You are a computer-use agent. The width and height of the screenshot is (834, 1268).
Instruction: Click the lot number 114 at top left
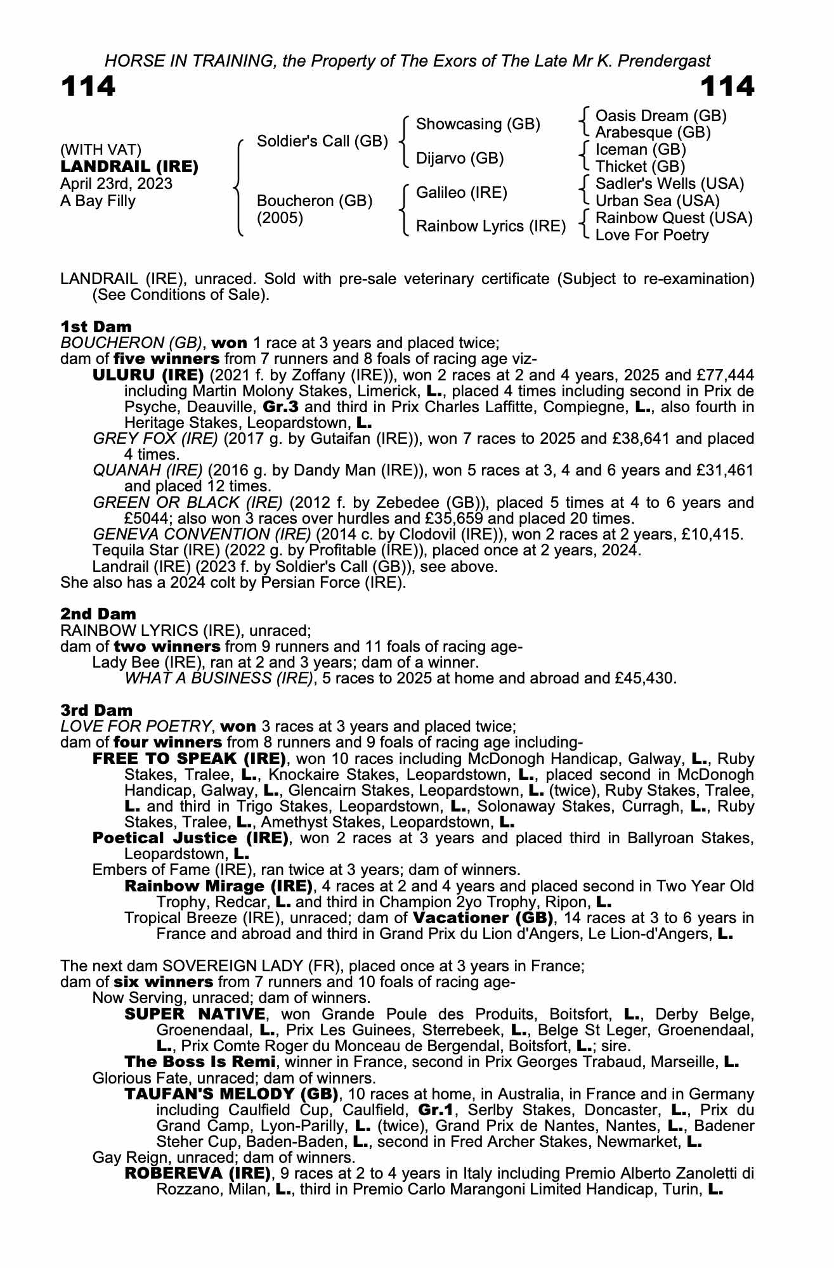(88, 86)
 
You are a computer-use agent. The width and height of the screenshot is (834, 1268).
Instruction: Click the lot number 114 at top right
(727, 86)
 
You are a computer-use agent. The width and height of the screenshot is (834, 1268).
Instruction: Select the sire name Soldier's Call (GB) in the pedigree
(322, 141)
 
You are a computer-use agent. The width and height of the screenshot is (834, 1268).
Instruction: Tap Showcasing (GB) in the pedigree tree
(478, 124)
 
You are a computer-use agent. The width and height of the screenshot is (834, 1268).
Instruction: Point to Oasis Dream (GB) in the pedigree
(661, 115)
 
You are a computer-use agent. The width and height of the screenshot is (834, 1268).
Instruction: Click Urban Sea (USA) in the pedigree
(657, 200)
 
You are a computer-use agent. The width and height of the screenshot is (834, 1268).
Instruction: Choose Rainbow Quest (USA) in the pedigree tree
(674, 217)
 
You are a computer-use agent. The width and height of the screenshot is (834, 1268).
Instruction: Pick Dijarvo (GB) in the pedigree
(460, 158)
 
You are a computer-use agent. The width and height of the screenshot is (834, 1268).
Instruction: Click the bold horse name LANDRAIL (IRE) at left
(129, 167)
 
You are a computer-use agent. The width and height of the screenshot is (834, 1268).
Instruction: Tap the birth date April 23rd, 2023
(116, 184)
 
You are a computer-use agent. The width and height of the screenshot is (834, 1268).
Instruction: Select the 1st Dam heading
(96, 327)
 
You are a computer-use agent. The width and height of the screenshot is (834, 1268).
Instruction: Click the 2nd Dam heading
(98, 614)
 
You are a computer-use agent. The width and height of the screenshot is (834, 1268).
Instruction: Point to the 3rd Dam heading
(96, 710)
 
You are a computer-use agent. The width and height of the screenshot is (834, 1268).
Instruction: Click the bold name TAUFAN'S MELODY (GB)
(231, 1094)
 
